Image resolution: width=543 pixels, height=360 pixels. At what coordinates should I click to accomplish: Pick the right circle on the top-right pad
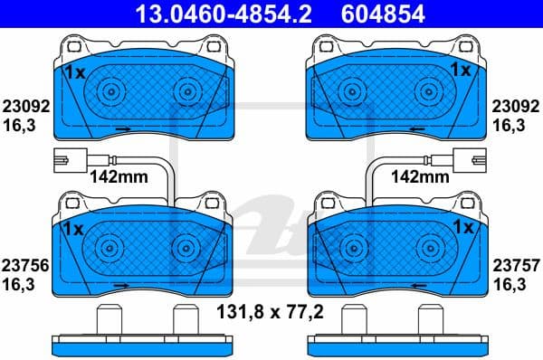[430, 90]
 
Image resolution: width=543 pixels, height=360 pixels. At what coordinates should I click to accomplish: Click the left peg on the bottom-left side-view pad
[109, 320]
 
